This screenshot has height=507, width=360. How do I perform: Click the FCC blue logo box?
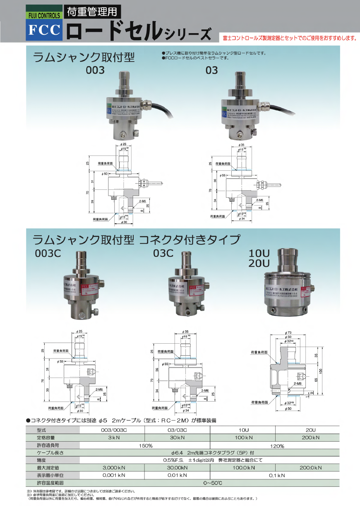pyautogui.click(x=44, y=30)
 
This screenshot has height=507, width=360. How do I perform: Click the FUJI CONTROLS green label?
pyautogui.click(x=44, y=16)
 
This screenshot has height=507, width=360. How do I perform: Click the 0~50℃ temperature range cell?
pyautogui.click(x=213, y=483)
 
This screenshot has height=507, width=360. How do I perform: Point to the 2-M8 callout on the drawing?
pyautogui.click(x=297, y=384)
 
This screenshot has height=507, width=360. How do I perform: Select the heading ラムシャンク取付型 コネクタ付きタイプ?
pyautogui.click(x=136, y=239)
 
